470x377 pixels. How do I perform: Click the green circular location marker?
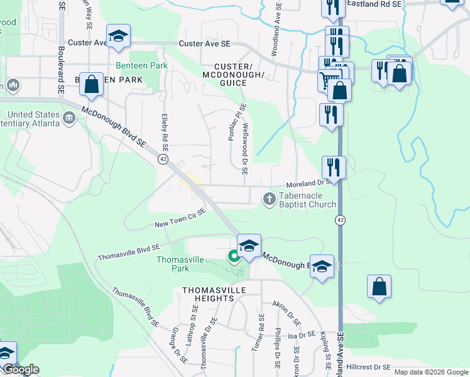click(233, 256)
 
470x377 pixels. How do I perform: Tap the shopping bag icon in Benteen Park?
click(92, 85)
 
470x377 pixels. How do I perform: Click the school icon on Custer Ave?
click(117, 37)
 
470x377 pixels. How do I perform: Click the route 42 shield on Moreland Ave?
click(340, 219)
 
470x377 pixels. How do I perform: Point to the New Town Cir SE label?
click(180, 219)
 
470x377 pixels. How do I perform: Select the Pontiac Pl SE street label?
click(236, 123)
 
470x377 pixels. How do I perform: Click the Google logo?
click(21, 369)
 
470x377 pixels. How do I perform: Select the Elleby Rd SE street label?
click(165, 132)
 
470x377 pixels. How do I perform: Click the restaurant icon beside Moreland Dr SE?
click(334, 167)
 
